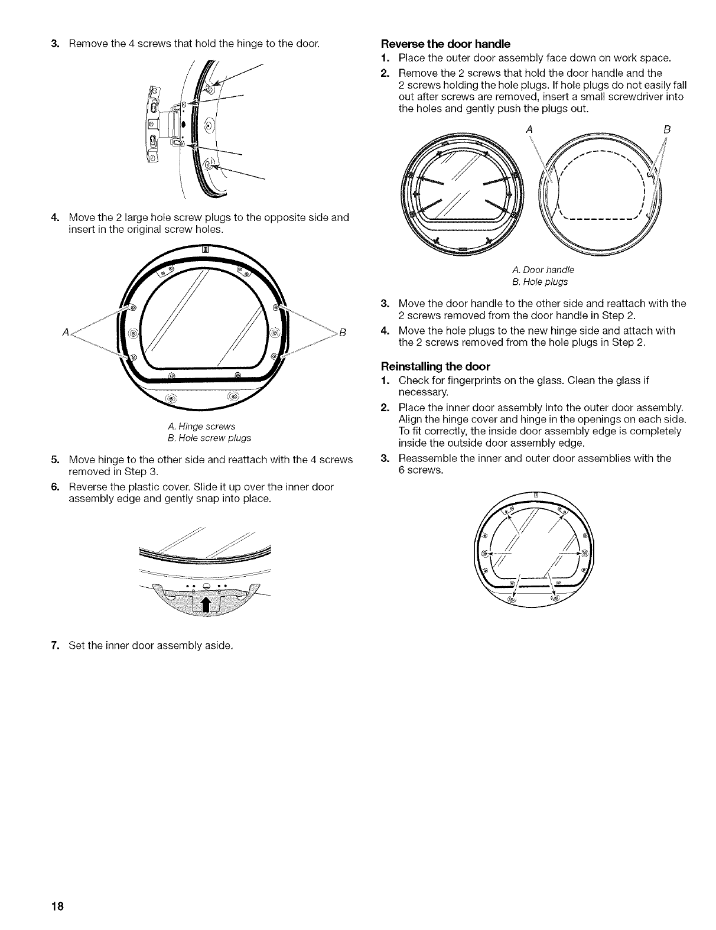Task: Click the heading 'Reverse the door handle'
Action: (x=445, y=44)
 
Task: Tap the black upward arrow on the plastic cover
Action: (x=206, y=604)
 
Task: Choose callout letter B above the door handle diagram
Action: (x=669, y=128)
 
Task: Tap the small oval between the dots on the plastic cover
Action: (x=206, y=586)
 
